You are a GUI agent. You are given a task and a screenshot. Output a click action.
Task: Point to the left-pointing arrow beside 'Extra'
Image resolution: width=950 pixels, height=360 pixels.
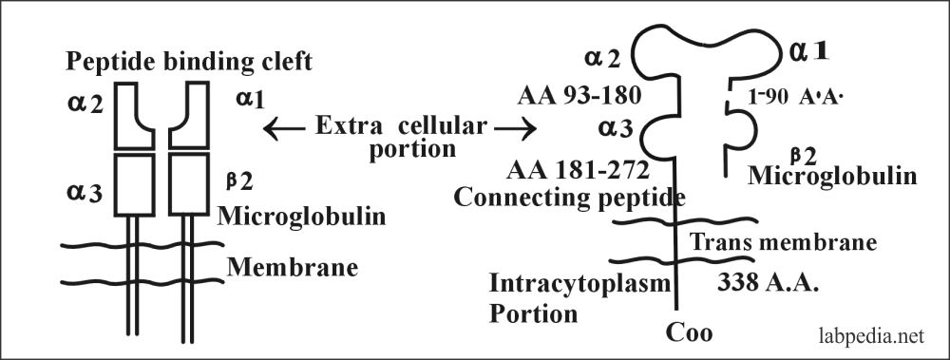click(282, 127)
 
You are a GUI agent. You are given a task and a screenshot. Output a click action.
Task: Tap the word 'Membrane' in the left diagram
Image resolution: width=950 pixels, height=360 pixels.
click(292, 267)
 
